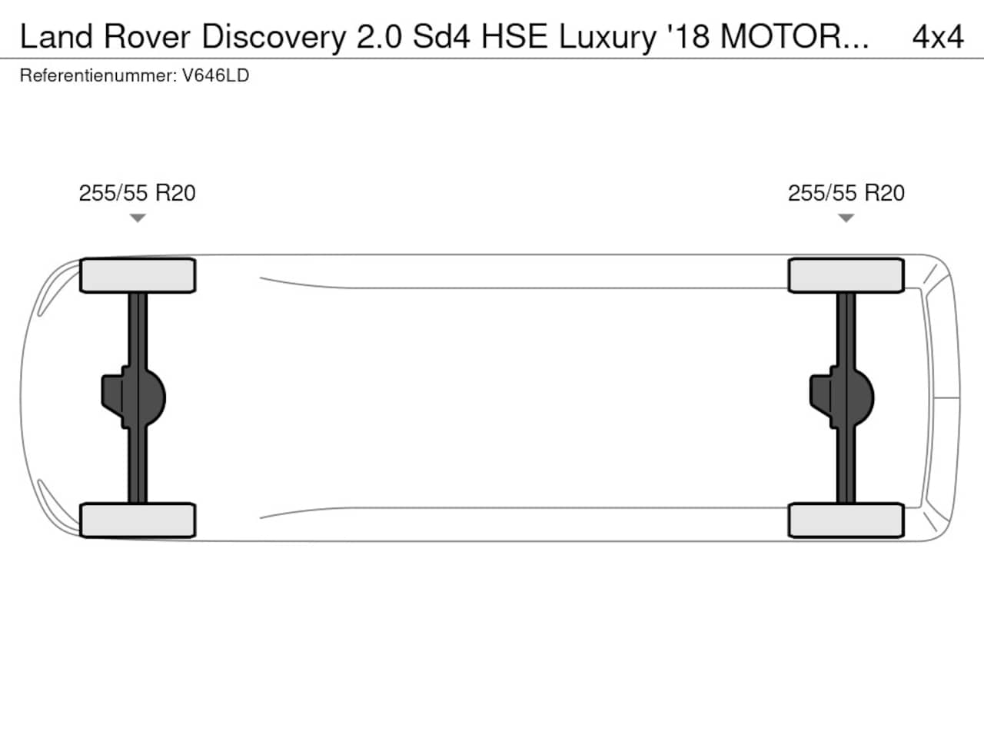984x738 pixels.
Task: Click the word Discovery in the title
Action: click(274, 38)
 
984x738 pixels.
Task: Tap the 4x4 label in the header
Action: click(938, 37)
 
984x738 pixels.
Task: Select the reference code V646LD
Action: click(215, 75)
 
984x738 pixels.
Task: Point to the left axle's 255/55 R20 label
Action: click(137, 193)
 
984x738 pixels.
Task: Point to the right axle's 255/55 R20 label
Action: click(846, 193)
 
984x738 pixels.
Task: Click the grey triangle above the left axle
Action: click(138, 218)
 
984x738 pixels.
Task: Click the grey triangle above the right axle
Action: click(846, 218)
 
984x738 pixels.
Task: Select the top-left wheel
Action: click(138, 275)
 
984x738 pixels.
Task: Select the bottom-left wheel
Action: click(138, 520)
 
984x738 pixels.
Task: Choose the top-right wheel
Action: click(846, 275)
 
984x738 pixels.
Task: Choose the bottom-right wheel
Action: click(846, 520)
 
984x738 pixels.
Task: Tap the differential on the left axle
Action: click(134, 397)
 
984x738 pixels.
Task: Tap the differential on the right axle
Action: click(842, 397)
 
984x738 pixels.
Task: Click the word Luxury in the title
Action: click(607, 38)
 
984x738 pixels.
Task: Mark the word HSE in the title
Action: click(514, 37)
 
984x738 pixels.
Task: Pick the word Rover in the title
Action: click(147, 37)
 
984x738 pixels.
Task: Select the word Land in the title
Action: click(56, 37)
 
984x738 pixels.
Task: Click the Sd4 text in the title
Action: click(441, 37)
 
